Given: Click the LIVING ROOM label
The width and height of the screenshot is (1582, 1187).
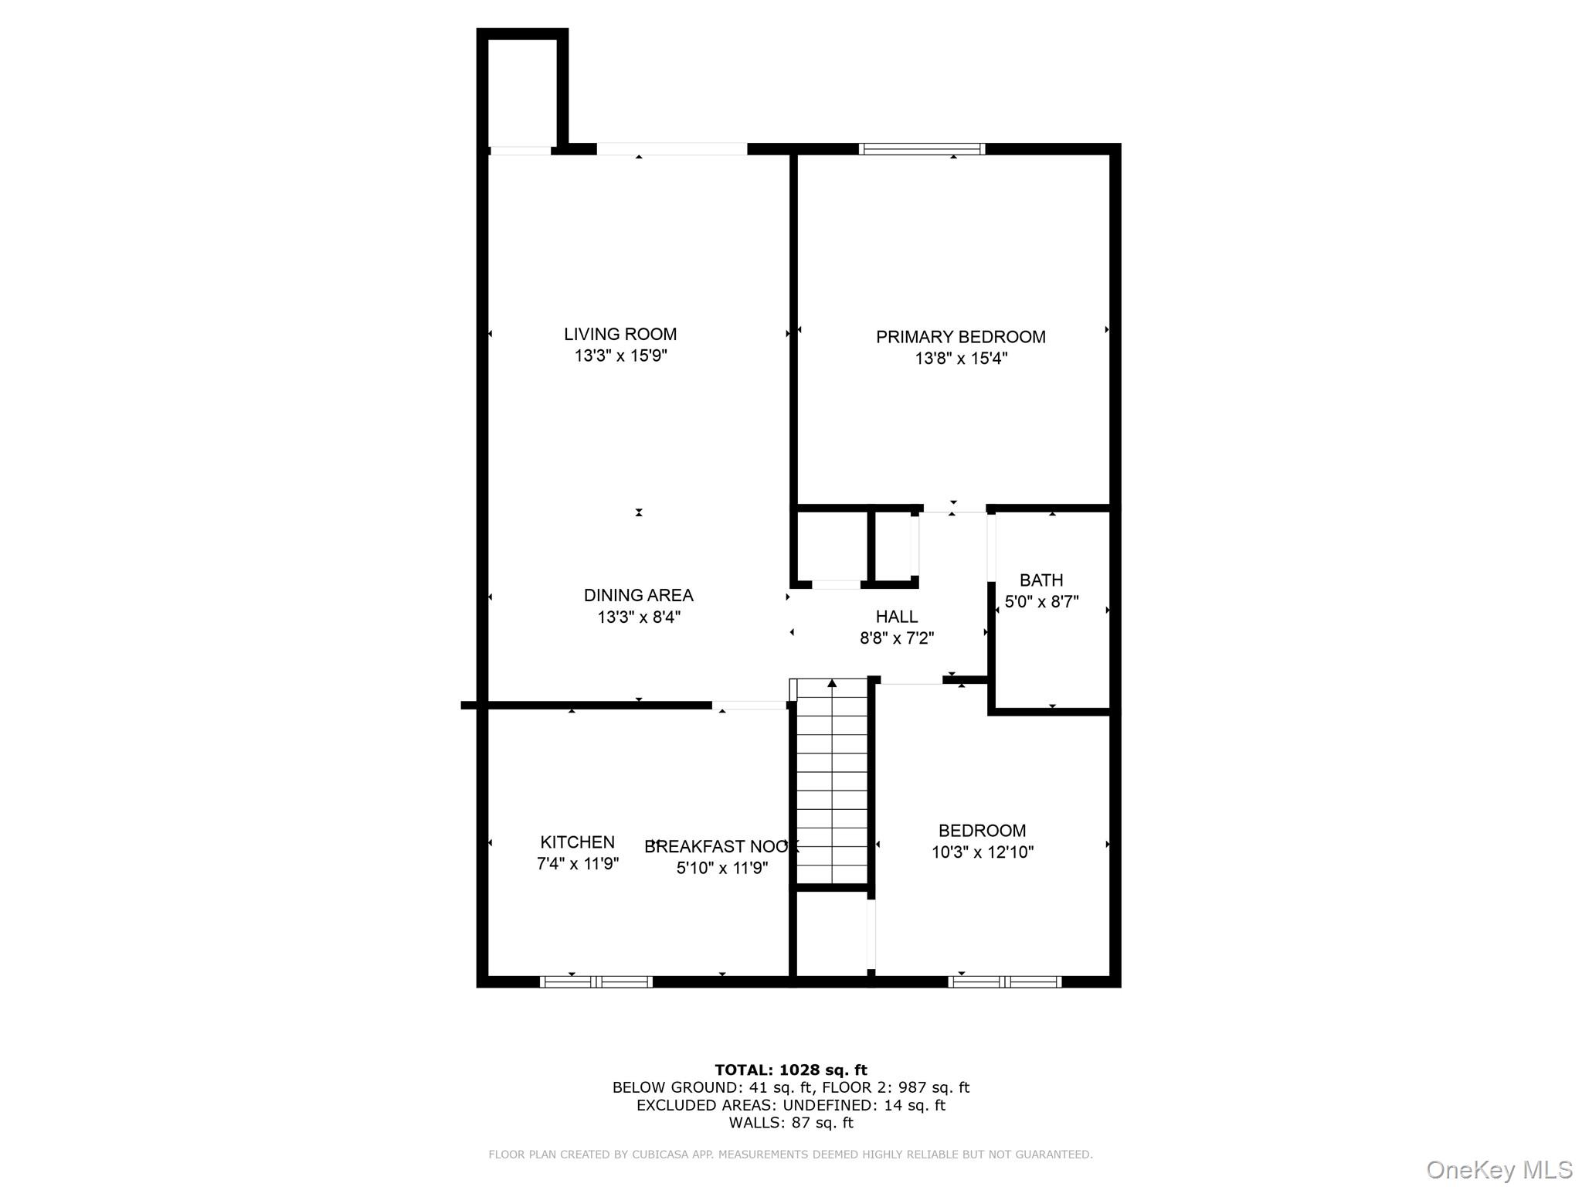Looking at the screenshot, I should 620,334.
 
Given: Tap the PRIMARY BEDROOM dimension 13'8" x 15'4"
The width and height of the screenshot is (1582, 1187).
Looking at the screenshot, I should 961,359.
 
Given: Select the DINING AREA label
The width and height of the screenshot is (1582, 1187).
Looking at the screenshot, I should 638,595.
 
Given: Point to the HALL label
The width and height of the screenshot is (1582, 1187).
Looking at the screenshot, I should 896,617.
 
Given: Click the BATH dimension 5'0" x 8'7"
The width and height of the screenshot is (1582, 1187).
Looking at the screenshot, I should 1041,601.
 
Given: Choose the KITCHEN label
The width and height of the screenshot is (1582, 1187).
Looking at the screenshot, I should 577,842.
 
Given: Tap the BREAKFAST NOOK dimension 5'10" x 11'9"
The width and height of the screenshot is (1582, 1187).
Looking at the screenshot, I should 721,868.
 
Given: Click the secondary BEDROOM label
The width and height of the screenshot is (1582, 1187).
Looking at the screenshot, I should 982,831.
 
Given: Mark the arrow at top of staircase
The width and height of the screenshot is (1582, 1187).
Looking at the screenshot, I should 832,683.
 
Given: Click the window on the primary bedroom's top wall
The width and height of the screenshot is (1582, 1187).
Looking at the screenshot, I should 922,149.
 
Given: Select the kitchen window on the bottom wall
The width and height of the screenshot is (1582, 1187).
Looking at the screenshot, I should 596,982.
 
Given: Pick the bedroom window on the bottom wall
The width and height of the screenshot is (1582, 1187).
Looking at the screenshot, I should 1004,982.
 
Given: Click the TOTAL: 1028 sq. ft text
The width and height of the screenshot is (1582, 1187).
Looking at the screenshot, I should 790,1070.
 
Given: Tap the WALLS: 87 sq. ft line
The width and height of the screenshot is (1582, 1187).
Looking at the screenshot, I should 790,1123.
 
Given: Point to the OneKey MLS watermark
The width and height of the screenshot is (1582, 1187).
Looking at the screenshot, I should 1499,1169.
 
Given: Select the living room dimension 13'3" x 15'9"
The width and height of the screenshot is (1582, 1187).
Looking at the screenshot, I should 620,355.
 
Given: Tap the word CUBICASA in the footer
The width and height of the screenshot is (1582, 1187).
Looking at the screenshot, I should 659,1155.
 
